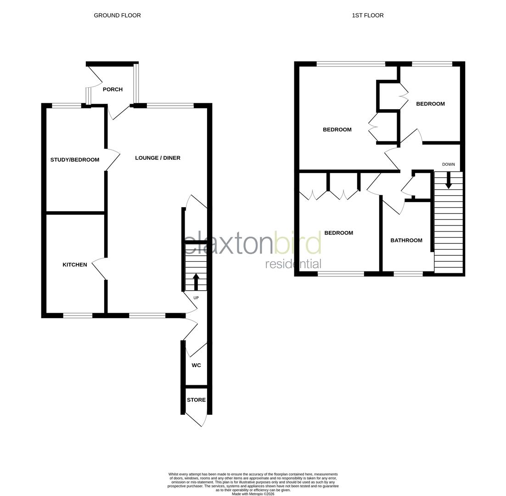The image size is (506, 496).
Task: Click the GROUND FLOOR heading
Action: pyautogui.click(x=117, y=15)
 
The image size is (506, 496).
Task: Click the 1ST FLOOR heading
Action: pyautogui.click(x=367, y=15)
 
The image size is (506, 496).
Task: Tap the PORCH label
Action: pyautogui.click(x=112, y=89)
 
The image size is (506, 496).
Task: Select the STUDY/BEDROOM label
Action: pyautogui.click(x=74, y=160)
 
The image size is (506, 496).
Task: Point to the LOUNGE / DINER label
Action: pyautogui.click(x=157, y=158)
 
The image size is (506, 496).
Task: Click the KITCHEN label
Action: pyautogui.click(x=74, y=265)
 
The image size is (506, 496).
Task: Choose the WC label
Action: pyautogui.click(x=196, y=366)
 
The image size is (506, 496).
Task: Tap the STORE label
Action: pyautogui.click(x=196, y=400)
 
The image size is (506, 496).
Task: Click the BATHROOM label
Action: pyautogui.click(x=406, y=240)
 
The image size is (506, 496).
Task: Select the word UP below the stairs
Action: pyautogui.click(x=196, y=298)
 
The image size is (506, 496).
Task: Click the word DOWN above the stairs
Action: pyautogui.click(x=448, y=164)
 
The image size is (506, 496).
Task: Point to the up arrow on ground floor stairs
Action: pyautogui.click(x=196, y=282)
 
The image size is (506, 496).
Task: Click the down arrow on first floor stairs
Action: pyautogui.click(x=448, y=180)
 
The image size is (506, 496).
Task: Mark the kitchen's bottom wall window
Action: pyautogui.click(x=78, y=316)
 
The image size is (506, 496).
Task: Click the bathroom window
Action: pyautogui.click(x=408, y=274)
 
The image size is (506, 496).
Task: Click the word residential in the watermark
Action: pyautogui.click(x=293, y=264)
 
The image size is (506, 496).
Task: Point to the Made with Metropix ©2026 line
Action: pyautogui.click(x=253, y=494)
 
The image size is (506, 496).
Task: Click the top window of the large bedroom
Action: pyautogui.click(x=350, y=64)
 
